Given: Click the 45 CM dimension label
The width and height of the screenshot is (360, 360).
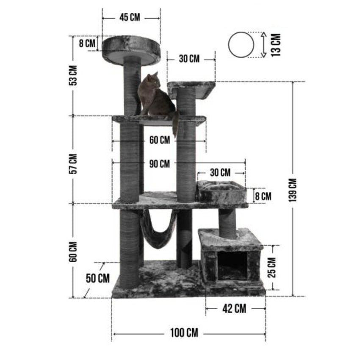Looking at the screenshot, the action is (x=130, y=17).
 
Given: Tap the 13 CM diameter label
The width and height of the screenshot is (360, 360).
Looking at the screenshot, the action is (x=276, y=45).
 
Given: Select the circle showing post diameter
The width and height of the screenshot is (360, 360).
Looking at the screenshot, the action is (x=241, y=44).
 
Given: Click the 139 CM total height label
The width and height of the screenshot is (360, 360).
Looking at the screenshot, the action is (x=293, y=190).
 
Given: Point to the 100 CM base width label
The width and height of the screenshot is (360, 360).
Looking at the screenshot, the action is (x=184, y=332).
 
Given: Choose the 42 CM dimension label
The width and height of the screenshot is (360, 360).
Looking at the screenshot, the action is (x=234, y=309).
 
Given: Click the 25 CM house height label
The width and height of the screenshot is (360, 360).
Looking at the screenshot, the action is (x=271, y=268).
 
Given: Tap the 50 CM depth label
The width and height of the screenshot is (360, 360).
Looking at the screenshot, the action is (x=98, y=278).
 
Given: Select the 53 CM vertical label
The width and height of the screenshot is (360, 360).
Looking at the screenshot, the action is (x=73, y=75).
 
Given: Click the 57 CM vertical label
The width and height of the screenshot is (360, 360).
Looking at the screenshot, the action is (x=73, y=164).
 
